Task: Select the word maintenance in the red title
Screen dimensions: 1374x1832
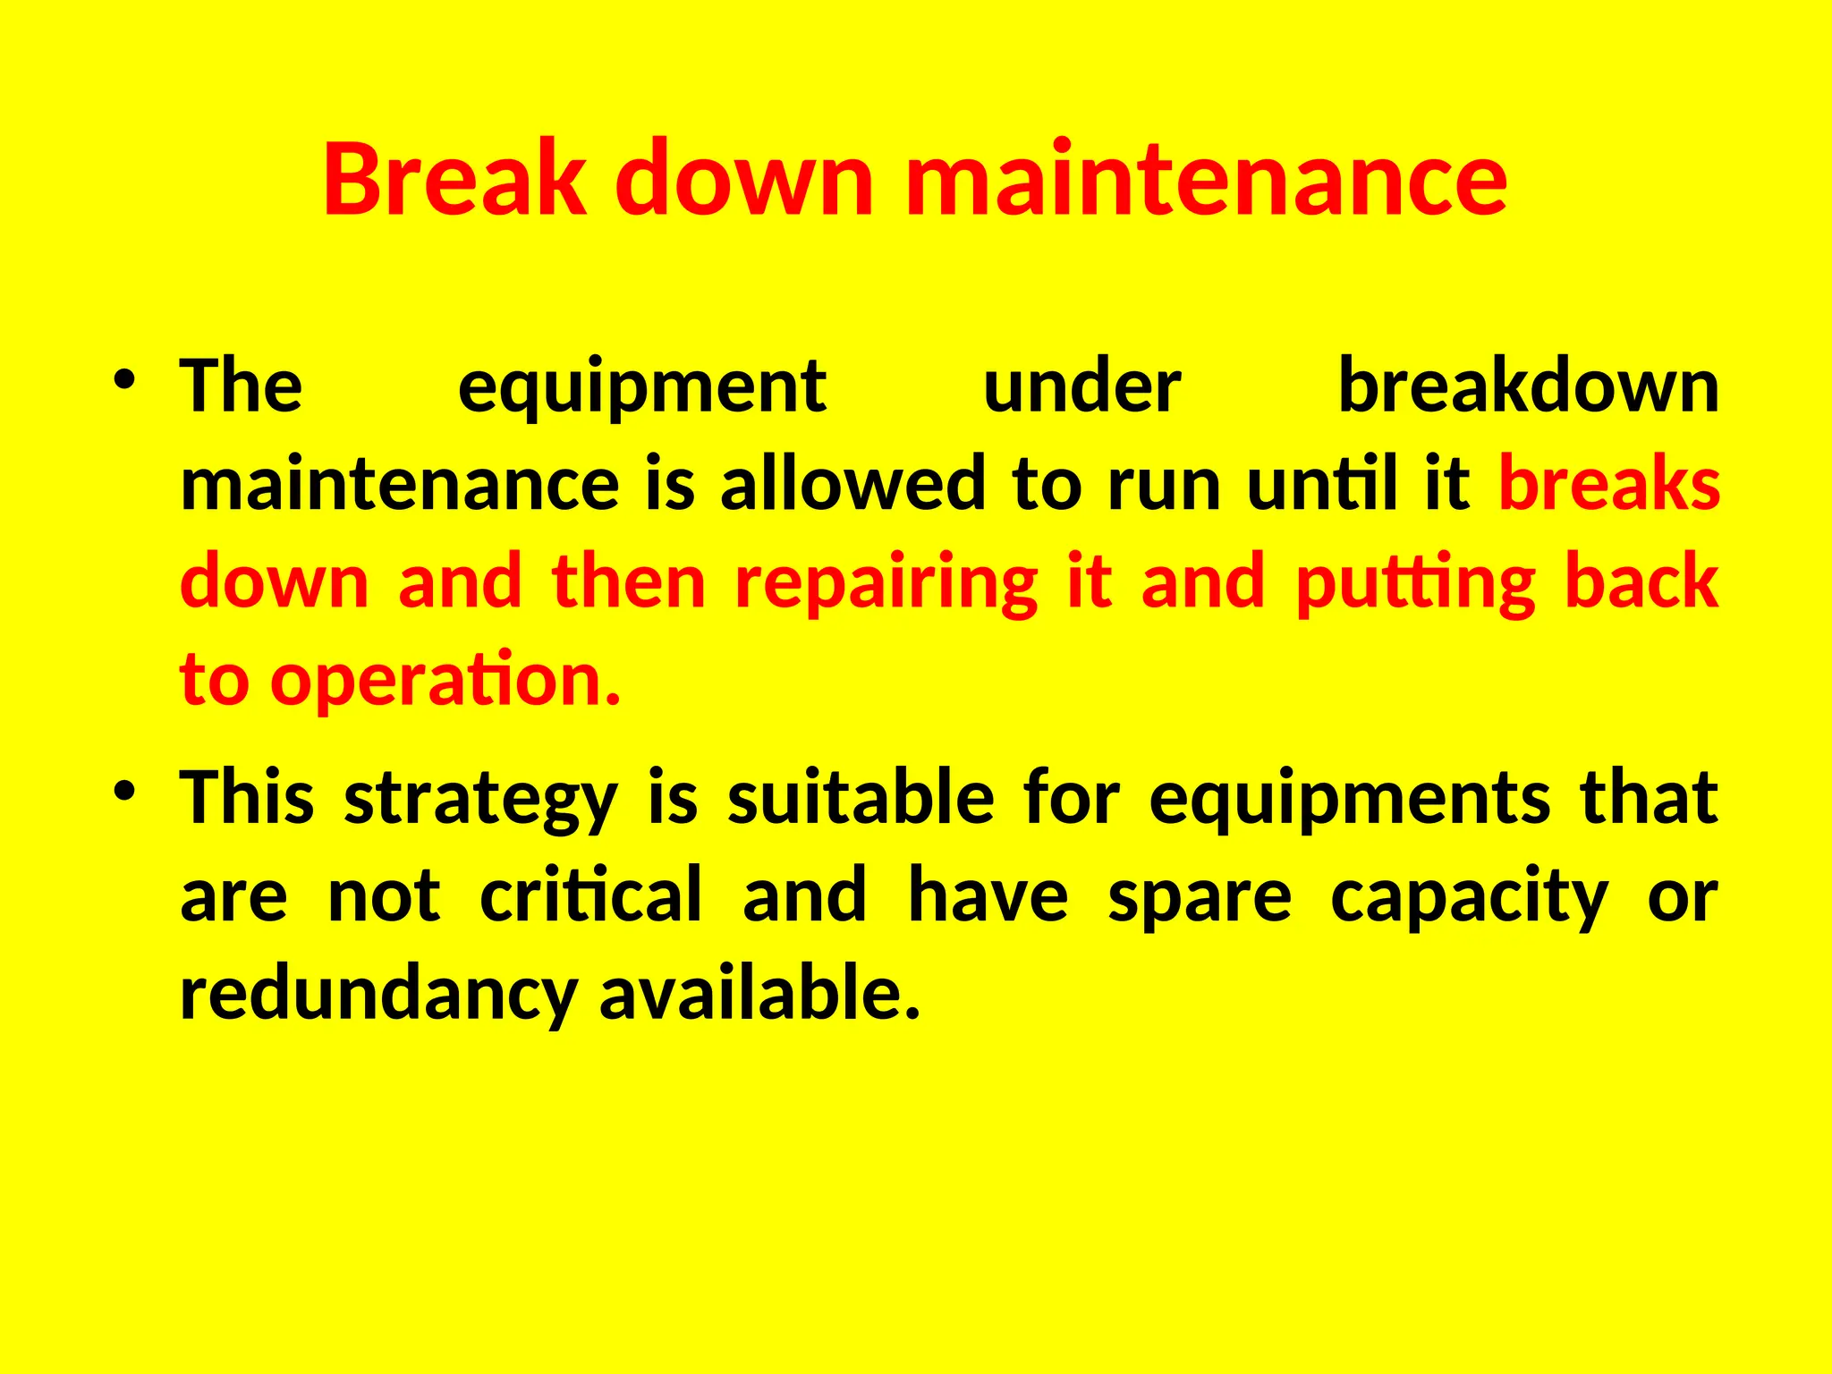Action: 1207,179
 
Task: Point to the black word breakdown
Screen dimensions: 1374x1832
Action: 1528,386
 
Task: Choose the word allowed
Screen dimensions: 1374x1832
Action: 852,484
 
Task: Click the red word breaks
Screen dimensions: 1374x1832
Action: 1608,484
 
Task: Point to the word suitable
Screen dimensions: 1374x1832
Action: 861,798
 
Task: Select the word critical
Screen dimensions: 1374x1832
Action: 591,895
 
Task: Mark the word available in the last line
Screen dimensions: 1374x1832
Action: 759,992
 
